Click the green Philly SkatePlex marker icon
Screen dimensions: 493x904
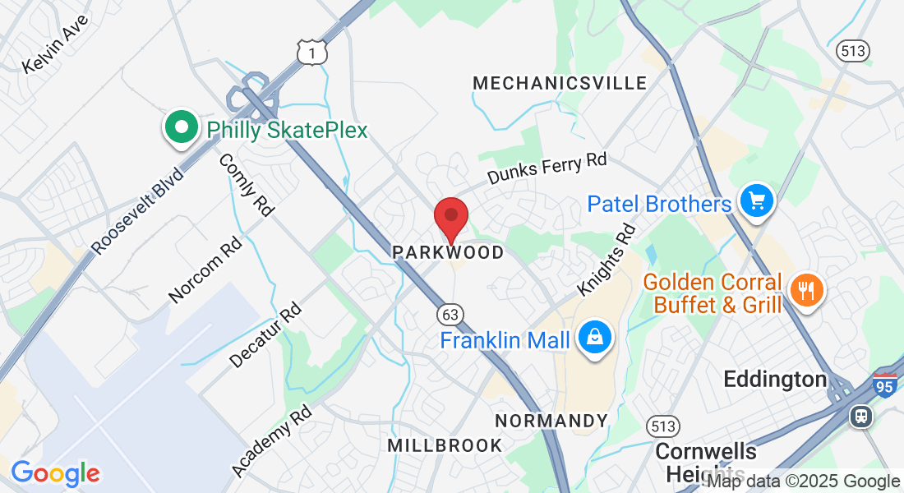coord(182,129)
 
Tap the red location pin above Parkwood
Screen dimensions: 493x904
coord(450,218)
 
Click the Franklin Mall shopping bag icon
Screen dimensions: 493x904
coord(592,337)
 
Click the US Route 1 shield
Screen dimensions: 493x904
coord(313,53)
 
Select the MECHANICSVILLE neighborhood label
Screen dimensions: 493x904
coord(560,83)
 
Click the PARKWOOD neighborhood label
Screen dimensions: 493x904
coord(448,252)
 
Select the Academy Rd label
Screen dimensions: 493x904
coord(272,440)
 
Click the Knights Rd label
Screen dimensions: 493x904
coord(607,260)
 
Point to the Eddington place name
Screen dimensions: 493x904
coord(774,379)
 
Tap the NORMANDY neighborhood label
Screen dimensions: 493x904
coord(551,422)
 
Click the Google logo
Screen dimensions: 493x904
coord(55,473)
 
